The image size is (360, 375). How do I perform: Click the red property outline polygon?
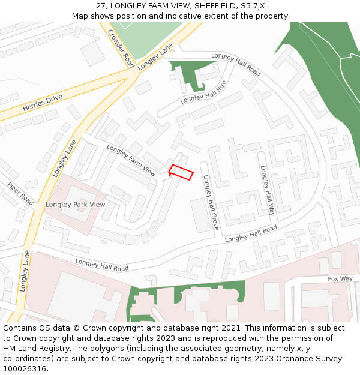pos(181,172)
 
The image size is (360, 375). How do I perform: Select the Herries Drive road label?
pos(43,102)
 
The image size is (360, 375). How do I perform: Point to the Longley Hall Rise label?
pos(203,91)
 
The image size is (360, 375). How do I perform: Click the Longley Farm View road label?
pos(131,160)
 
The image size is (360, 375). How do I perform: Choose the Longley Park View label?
pos(75,205)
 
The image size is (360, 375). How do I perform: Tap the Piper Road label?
pos(20,191)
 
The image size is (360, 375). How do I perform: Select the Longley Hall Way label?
pos(267,190)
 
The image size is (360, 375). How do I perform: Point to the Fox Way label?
pos(340,278)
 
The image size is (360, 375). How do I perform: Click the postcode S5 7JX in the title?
pos(251,5)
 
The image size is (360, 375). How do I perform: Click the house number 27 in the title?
pos(101,5)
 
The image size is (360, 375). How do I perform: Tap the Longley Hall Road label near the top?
pos(236,64)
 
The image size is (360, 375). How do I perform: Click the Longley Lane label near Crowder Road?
pos(155,58)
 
